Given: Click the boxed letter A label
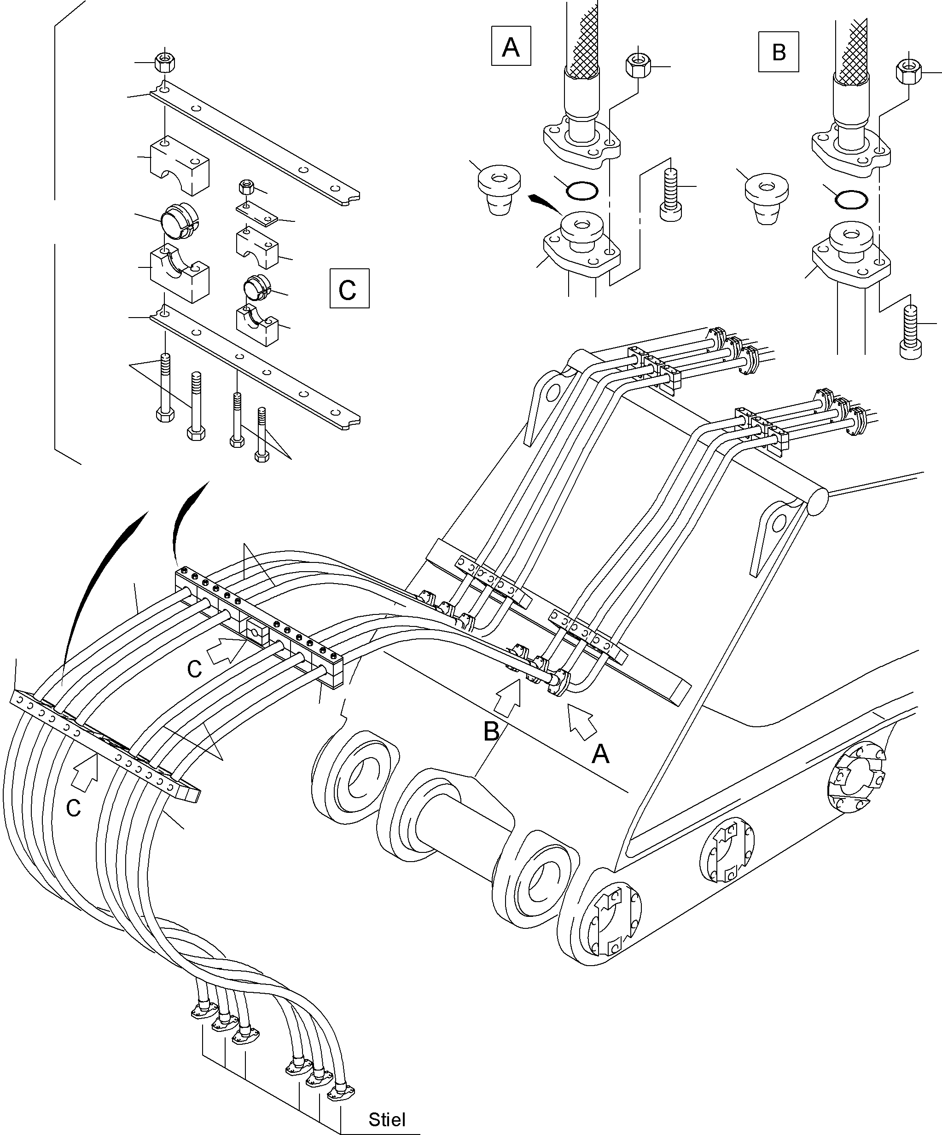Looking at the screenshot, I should (511, 47).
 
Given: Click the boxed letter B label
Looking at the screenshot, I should (778, 52).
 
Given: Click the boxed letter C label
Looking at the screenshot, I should (349, 289).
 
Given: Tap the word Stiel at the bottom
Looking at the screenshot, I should (387, 1119).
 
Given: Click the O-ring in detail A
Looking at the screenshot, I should (582, 190).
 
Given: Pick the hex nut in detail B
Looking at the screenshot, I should (909, 72).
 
